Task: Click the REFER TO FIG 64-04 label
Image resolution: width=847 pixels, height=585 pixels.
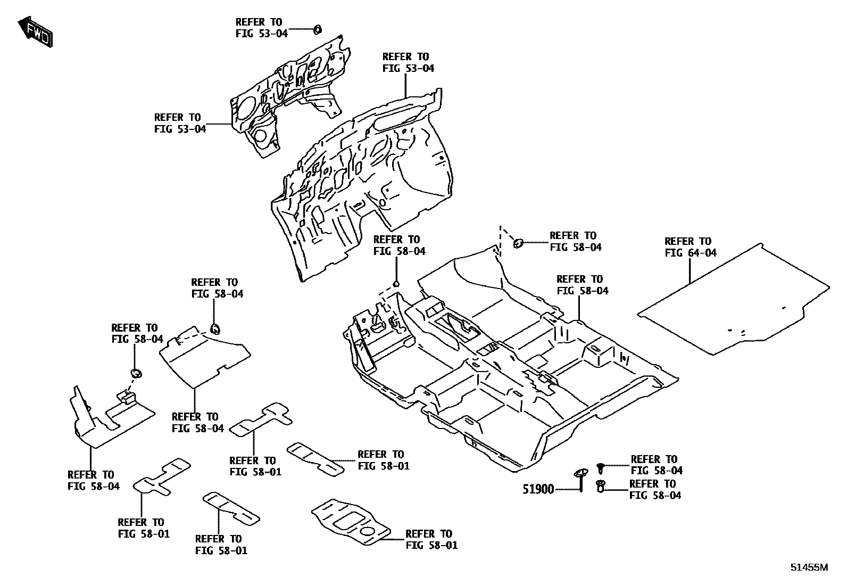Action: tap(690, 247)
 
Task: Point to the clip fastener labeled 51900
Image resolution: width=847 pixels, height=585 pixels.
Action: tap(580, 477)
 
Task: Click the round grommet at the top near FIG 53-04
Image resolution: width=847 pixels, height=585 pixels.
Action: tap(317, 29)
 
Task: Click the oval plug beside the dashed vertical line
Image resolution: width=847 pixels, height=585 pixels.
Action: tap(518, 243)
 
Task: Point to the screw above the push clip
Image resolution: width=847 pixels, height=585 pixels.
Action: tap(601, 467)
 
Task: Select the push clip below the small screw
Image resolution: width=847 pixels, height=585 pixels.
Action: tap(601, 486)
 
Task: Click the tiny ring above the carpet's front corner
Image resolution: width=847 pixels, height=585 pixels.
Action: tap(396, 284)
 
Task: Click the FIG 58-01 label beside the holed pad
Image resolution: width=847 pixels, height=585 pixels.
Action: tap(431, 539)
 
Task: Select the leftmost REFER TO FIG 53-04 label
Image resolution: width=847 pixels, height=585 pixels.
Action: tap(179, 123)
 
